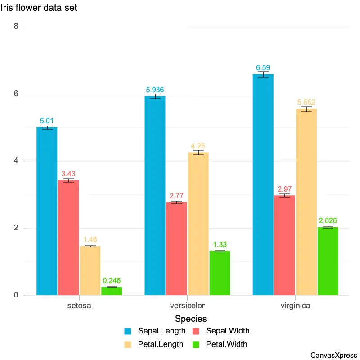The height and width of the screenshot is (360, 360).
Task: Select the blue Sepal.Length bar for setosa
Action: click(47, 211)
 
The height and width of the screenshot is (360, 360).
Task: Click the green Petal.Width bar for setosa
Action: click(112, 291)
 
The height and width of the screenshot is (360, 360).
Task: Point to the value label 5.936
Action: click(155, 90)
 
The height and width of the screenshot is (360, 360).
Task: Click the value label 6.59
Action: click(263, 67)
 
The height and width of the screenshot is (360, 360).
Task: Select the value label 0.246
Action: click(112, 281)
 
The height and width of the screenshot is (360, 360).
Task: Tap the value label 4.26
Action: click(198, 146)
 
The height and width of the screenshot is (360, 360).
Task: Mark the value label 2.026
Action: click(328, 221)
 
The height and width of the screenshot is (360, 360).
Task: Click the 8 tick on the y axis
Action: click(16, 27)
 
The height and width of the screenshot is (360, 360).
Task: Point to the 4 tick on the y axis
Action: click(16, 161)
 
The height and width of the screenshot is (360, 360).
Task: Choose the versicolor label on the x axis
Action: click(187, 306)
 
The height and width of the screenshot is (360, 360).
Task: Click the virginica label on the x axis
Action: click(295, 306)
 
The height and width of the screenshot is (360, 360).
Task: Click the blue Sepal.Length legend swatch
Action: click(129, 331)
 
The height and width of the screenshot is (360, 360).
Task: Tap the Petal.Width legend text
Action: click(227, 345)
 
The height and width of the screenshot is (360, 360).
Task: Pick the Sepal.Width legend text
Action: click(228, 331)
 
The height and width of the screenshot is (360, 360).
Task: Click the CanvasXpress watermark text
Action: click(333, 355)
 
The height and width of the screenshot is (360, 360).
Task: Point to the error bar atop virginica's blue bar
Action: click(263, 74)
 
